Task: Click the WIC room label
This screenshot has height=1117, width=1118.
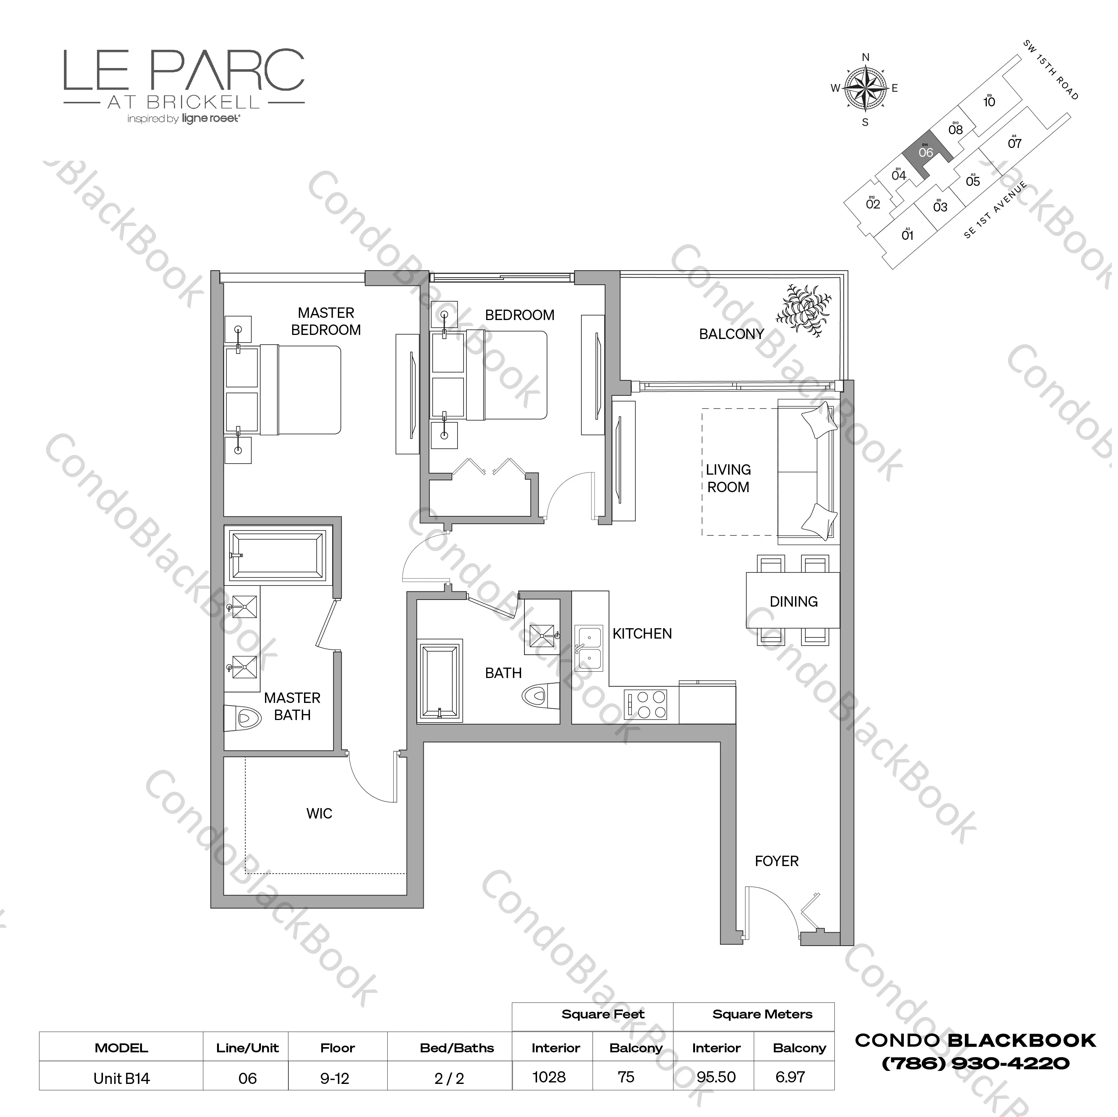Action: pos(319,813)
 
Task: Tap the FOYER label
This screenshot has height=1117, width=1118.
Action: pos(776,861)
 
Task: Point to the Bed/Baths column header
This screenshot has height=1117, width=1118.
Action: pos(456,1047)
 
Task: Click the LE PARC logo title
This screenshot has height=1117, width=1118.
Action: pos(184,71)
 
